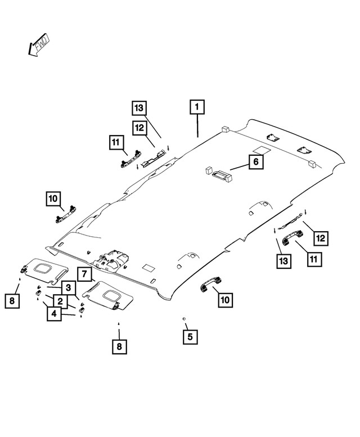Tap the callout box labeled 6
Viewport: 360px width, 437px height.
[255, 162]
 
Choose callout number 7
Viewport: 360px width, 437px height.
[83, 275]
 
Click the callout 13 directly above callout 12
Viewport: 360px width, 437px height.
[139, 108]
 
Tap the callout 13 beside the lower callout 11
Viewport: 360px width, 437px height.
[284, 260]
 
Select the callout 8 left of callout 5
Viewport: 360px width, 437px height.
[119, 346]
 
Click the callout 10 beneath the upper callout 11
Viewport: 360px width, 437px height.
[53, 199]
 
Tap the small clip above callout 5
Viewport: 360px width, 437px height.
[184, 319]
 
